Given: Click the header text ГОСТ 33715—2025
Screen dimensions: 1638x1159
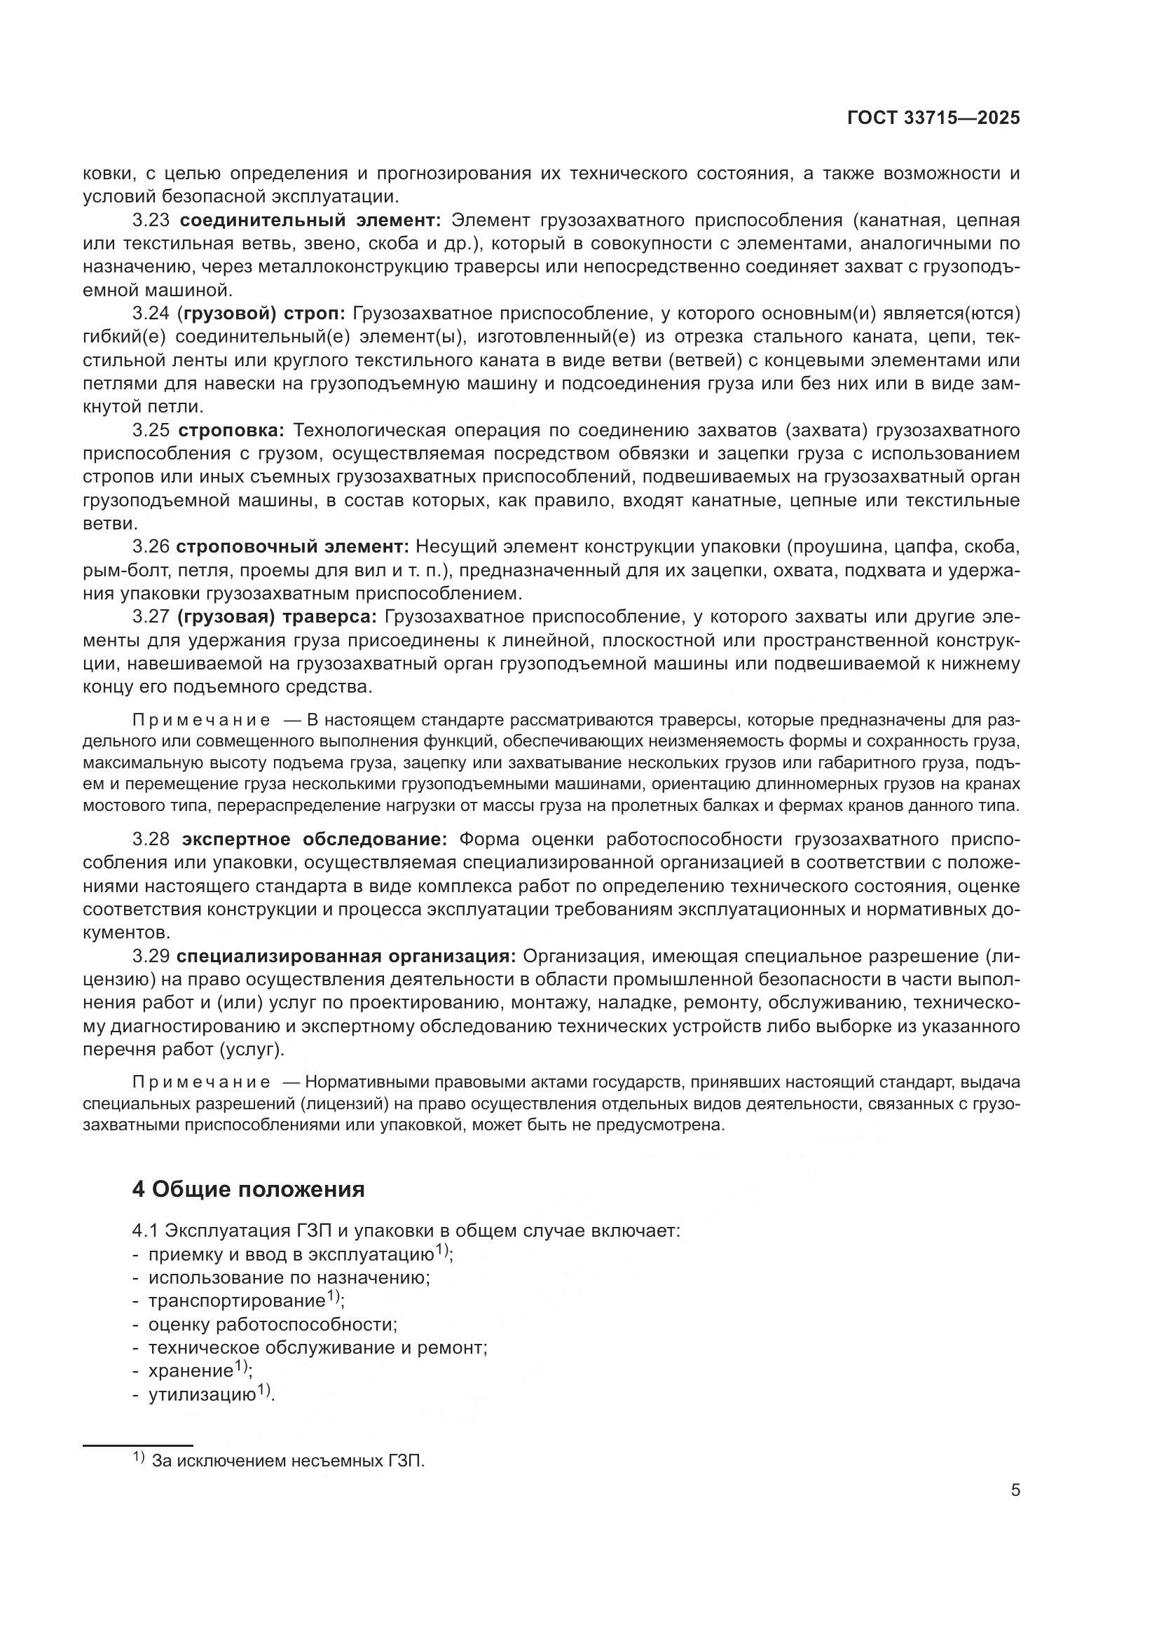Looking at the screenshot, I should [933, 118].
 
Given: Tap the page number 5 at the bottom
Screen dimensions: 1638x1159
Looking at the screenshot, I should [1015, 1490].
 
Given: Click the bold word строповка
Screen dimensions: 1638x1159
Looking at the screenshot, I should [231, 431].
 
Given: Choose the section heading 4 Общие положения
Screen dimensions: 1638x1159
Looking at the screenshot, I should [248, 1189].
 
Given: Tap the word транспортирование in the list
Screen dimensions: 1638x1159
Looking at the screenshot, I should [236, 1300].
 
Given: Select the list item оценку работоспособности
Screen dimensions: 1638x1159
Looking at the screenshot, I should [272, 1324].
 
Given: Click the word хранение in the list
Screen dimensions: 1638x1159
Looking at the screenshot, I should [191, 1370].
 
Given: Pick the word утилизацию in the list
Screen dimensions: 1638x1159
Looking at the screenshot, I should [201, 1394].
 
